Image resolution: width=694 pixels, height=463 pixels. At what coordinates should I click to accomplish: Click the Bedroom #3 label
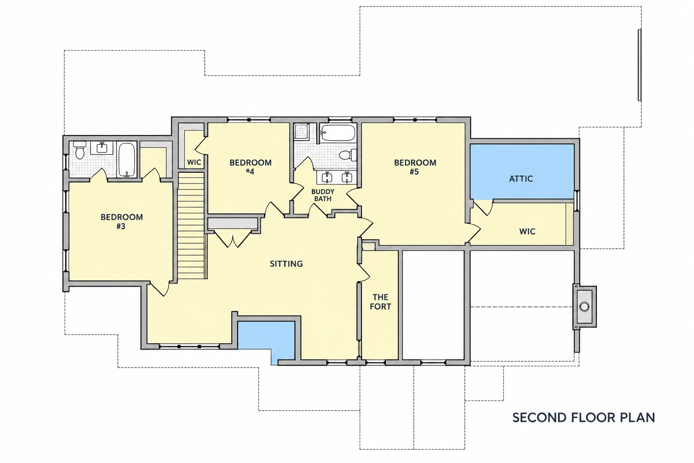(x=122, y=222)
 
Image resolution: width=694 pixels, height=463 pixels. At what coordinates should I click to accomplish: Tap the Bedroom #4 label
(x=250, y=167)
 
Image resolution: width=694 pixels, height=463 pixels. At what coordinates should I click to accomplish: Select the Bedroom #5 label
(x=415, y=167)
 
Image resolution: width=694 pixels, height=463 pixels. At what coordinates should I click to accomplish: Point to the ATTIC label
(x=521, y=179)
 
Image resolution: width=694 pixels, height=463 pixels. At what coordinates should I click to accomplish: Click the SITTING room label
(x=286, y=264)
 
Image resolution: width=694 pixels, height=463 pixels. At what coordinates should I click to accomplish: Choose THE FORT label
(x=380, y=302)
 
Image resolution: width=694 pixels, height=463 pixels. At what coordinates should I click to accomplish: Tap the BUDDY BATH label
(x=323, y=195)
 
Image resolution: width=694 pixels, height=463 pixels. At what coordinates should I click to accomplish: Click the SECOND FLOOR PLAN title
(x=584, y=418)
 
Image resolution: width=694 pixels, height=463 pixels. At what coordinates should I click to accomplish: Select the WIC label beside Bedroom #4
(x=194, y=162)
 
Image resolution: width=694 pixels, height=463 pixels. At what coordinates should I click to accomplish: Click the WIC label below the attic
(x=527, y=231)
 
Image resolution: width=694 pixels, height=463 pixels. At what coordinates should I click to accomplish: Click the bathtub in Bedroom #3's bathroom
(x=127, y=160)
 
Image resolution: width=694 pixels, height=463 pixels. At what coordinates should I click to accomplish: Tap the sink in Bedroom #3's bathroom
(x=102, y=147)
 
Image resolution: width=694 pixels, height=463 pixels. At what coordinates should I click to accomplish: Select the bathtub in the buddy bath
(x=338, y=133)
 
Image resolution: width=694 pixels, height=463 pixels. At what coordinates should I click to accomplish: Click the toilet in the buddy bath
(x=347, y=155)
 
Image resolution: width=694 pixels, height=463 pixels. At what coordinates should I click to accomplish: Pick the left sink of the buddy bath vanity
(x=327, y=177)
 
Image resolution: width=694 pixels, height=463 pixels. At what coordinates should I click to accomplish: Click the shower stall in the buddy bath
(x=301, y=132)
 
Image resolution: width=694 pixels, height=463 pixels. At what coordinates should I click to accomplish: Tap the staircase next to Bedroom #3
(x=191, y=226)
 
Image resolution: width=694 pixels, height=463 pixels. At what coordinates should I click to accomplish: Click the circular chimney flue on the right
(x=584, y=307)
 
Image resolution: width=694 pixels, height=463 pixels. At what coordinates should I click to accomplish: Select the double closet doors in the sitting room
(x=233, y=239)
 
